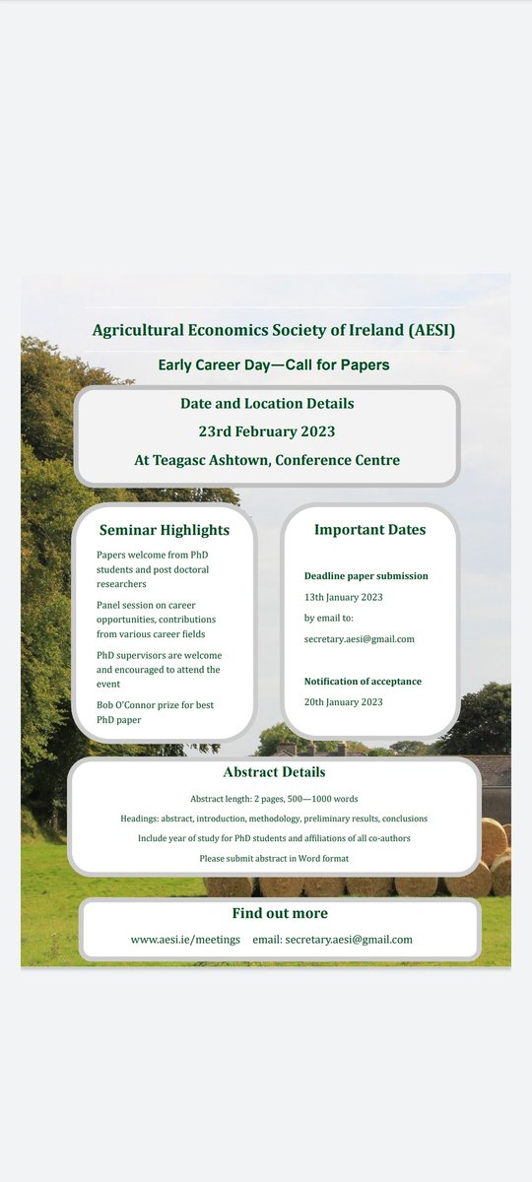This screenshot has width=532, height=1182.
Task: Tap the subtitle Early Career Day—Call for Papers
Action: pos(274,365)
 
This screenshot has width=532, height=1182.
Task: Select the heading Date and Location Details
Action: pos(267,403)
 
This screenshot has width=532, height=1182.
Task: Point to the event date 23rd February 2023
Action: pos(267,431)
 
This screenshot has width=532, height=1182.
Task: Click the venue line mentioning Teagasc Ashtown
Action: pos(267,460)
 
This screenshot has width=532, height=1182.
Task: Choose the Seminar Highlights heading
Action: pos(165,530)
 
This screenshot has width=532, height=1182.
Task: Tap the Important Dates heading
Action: pos(369,530)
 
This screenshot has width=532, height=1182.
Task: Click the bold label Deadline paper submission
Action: pos(366,576)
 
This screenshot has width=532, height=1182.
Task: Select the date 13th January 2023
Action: pos(343,597)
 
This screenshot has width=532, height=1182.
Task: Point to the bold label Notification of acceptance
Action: pos(363,681)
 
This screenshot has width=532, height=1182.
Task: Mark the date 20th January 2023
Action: pos(343,701)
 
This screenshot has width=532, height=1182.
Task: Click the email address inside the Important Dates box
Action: pos(359,639)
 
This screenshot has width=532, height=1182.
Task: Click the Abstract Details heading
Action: pos(274,772)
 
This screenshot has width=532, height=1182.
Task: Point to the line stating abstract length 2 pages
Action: pos(274,799)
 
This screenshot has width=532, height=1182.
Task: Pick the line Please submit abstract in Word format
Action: pos(274,858)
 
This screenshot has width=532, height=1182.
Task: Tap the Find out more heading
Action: pos(280,913)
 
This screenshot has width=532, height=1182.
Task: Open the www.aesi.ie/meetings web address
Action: pos(185,940)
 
